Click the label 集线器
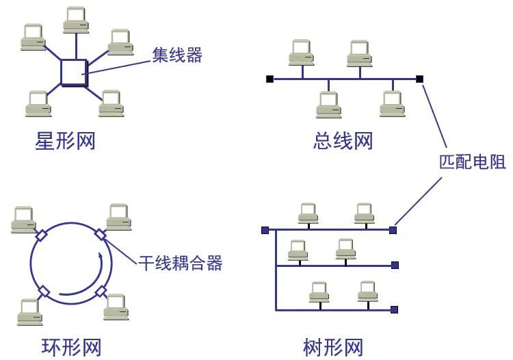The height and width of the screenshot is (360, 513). click(177, 55)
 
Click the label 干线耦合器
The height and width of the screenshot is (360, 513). click(181, 261)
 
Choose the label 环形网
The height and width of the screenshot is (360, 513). click(67, 347)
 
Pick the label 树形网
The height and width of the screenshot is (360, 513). click(333, 347)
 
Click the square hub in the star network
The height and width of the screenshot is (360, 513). click(74, 72)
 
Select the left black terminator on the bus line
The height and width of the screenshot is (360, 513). click(269, 79)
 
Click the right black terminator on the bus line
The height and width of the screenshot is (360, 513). click(419, 79)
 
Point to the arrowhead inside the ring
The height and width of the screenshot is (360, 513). click(102, 257)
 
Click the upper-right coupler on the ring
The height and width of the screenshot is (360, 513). click(101, 235)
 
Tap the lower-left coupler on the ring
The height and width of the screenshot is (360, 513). click(44, 292)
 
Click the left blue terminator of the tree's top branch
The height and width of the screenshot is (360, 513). click(265, 230)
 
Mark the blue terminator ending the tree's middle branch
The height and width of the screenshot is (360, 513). click(394, 265)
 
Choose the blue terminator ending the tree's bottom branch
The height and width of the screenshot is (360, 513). click(394, 309)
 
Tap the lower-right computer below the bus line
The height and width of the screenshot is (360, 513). click(393, 103)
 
